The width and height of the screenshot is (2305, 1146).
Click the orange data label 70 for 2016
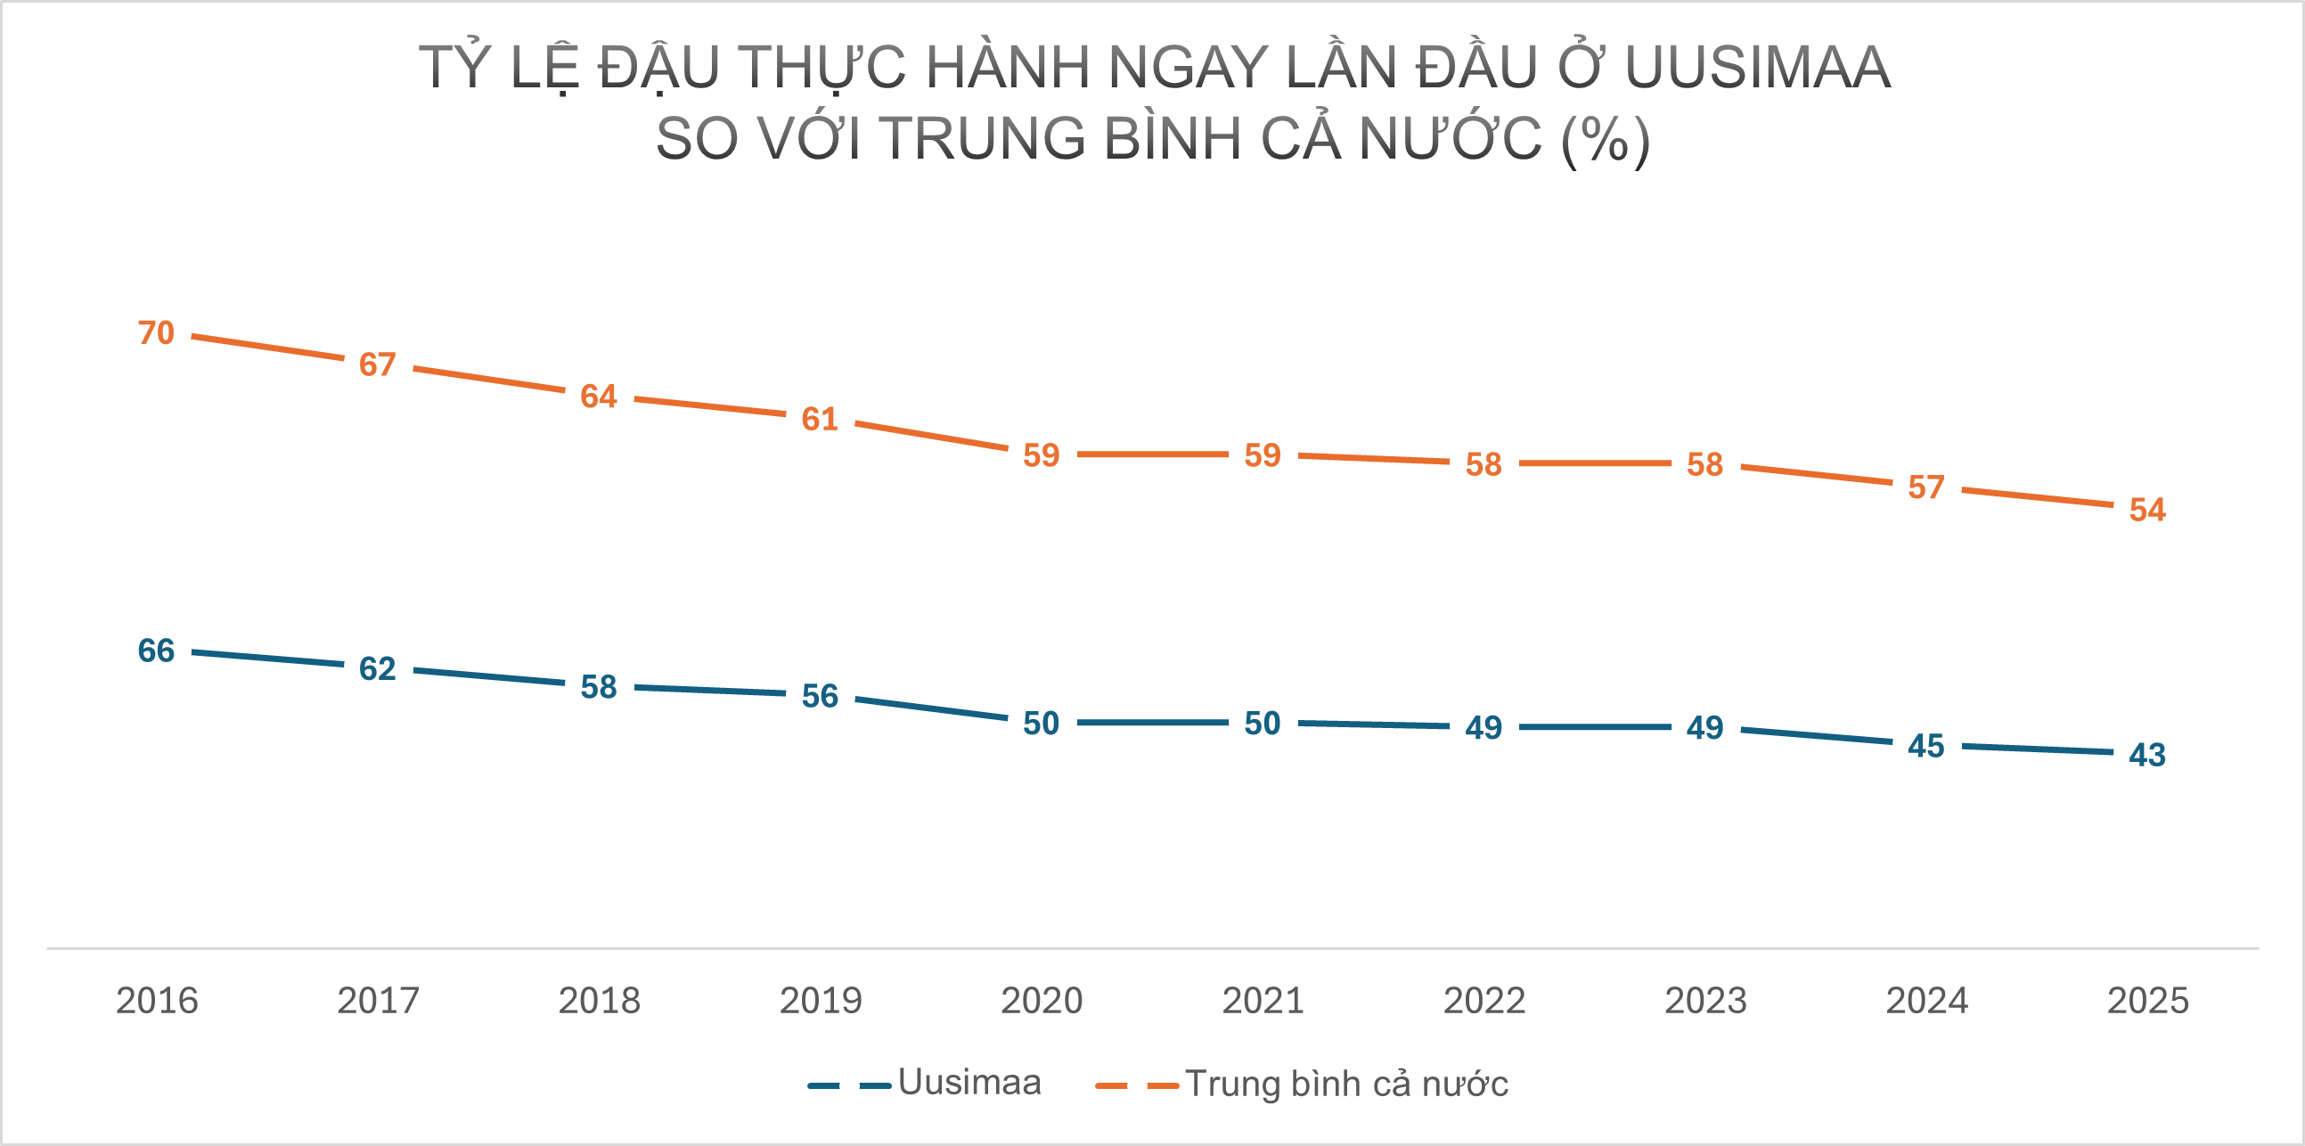156,332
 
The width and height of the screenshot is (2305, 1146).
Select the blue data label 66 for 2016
156,651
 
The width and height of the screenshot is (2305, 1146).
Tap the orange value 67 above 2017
377,365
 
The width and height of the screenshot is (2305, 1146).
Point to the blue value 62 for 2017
377,668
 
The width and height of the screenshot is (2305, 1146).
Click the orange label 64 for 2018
599,397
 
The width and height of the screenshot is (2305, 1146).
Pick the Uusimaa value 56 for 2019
820,696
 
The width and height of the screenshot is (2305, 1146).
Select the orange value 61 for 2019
820,419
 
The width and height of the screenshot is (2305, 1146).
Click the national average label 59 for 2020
1041,455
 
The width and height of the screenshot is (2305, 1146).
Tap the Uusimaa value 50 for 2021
1263,723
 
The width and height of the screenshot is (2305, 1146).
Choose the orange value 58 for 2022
1484,464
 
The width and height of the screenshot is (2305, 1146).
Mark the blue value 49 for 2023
1704,727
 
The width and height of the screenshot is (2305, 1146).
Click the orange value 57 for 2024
1925,487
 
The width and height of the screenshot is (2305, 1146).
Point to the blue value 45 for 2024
1925,746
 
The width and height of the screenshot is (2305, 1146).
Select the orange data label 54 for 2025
2147,510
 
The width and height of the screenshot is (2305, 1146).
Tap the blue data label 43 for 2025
2147,755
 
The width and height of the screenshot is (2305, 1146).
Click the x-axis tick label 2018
599,1000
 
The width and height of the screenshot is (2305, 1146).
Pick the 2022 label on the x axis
1484,1000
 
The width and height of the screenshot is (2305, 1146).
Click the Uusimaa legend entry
969,1083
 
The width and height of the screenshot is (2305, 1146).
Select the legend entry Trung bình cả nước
1345,1085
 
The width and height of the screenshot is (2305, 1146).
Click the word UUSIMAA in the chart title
1757,68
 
